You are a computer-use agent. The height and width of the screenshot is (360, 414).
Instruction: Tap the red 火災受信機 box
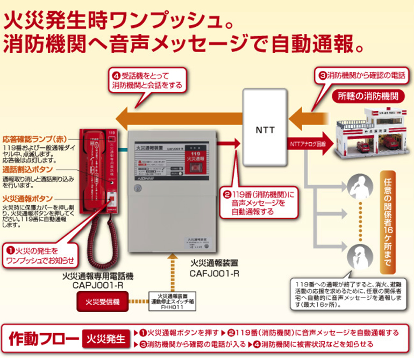pyautogui.click(x=105, y=301)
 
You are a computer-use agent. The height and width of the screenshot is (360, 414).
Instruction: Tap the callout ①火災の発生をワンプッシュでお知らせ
pyautogui.click(x=39, y=255)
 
